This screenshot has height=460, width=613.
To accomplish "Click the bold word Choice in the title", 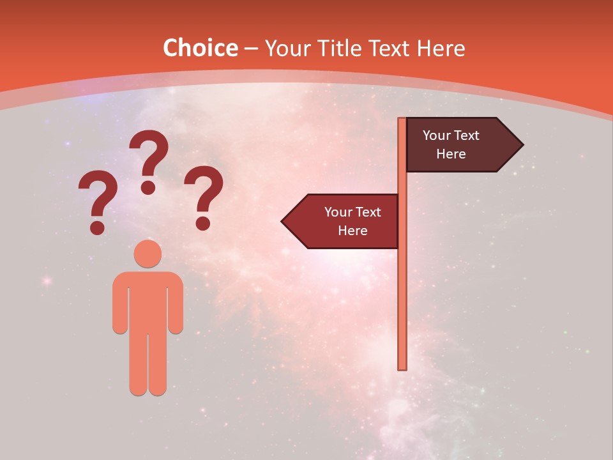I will [x=200, y=49].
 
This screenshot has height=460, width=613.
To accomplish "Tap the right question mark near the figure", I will [x=204, y=195].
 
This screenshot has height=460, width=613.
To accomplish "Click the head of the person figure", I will [x=148, y=254].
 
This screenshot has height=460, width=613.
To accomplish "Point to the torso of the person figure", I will [x=148, y=300].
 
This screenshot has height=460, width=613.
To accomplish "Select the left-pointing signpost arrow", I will [x=342, y=221].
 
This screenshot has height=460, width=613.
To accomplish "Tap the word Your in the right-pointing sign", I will [x=436, y=135].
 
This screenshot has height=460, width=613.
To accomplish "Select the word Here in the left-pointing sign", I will [x=352, y=231].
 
